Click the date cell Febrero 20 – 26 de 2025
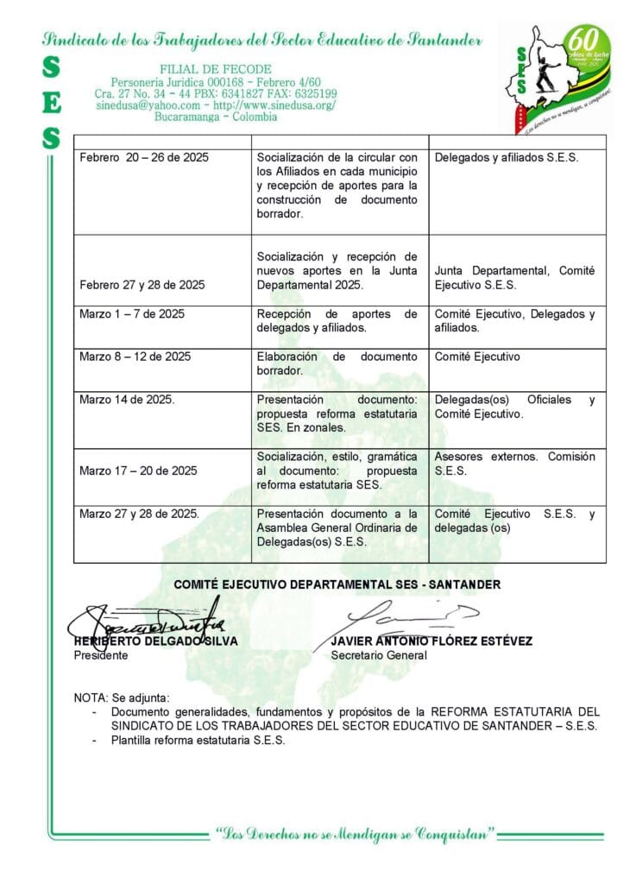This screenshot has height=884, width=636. pyautogui.click(x=143, y=157)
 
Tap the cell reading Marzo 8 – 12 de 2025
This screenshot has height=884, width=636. pyautogui.click(x=135, y=357)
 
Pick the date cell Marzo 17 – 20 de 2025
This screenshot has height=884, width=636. pyautogui.click(x=137, y=470)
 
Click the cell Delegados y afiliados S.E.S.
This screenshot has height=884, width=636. pyautogui.click(x=507, y=157)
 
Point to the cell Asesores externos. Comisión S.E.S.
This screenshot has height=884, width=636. pyautogui.click(x=514, y=464)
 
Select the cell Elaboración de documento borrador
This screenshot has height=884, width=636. pyautogui.click(x=337, y=363)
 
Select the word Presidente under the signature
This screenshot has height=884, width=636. pyautogui.click(x=100, y=655)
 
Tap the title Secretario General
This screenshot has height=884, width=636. pyautogui.click(x=379, y=655)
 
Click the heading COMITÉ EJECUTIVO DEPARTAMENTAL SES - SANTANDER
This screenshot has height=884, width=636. pyautogui.click(x=337, y=584)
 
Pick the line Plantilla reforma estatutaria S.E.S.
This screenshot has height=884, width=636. pyautogui.click(x=198, y=740)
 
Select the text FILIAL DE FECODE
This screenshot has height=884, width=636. pyautogui.click(x=216, y=69)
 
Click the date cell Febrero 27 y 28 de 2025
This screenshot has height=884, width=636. pyautogui.click(x=142, y=284)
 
